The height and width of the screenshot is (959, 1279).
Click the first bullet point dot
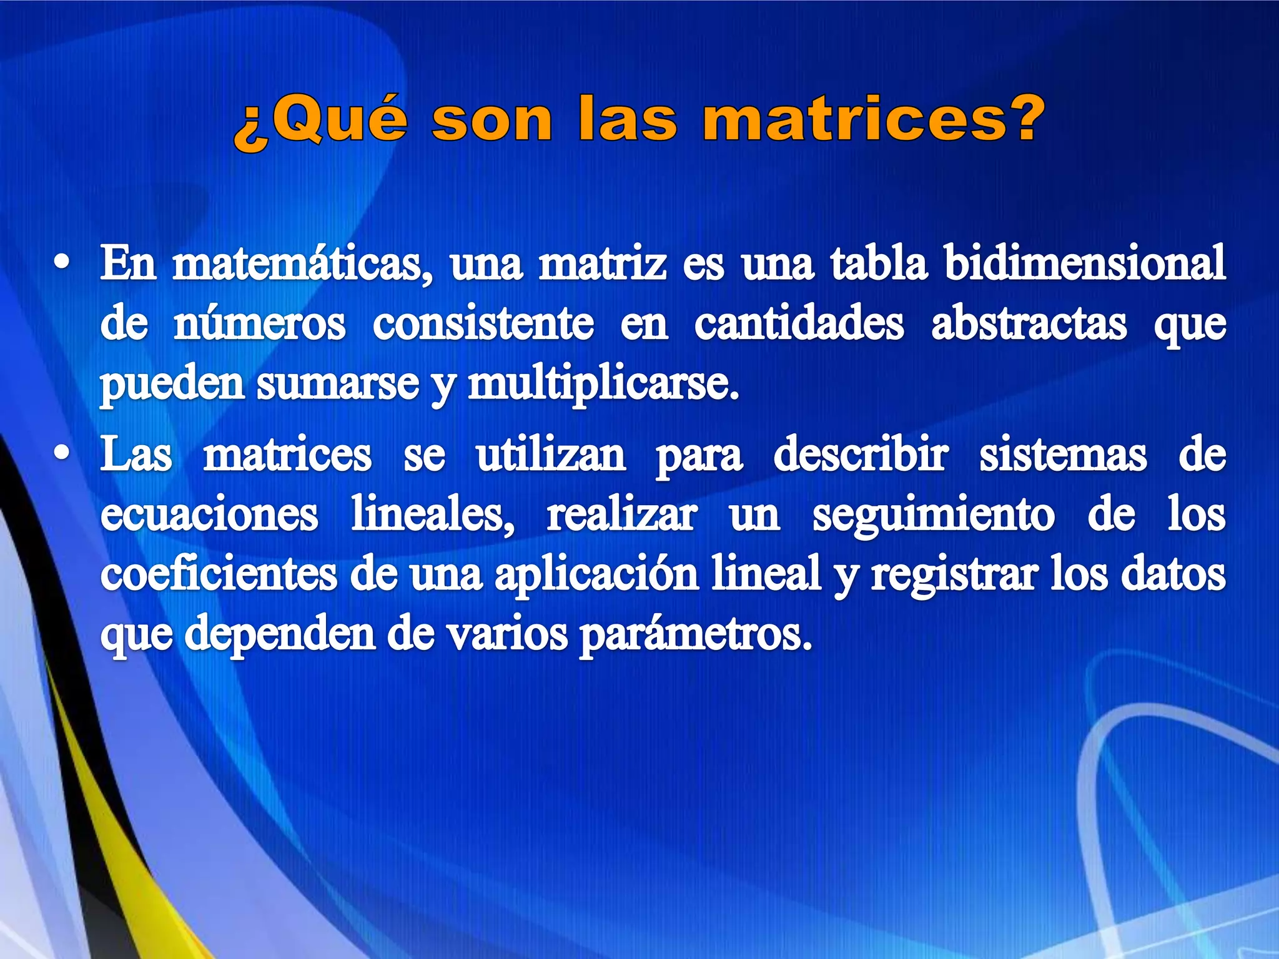tap(61, 263)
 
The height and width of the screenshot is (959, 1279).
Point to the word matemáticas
tap(302, 264)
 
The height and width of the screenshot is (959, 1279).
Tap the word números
tap(259, 324)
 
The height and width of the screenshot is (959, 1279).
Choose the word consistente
tap(483, 324)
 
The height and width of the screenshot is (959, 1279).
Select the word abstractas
tap(1029, 324)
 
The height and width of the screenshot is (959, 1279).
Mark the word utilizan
tap(551, 455)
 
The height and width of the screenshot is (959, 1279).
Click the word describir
tap(861, 455)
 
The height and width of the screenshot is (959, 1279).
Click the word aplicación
tap(596, 575)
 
